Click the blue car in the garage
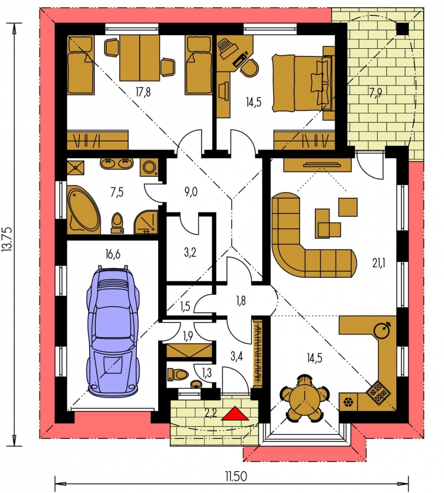pos(113,330)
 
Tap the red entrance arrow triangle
pos(235,413)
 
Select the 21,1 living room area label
pos(379,263)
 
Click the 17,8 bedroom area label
pos(143,92)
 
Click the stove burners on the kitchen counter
pos(378,392)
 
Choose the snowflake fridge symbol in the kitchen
pos(348,402)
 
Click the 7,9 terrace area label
pos(376,93)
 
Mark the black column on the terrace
pos(402,29)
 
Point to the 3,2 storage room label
pos(190,252)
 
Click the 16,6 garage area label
pos(113,254)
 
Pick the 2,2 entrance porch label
pos(211,412)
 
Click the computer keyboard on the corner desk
pos(240,60)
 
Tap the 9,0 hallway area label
pos(191,192)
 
